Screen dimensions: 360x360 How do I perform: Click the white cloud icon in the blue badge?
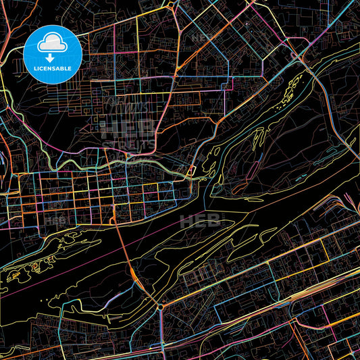point(53,43)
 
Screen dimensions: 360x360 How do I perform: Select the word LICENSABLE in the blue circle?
point(53,68)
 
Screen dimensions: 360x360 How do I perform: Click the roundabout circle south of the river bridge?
point(161,307)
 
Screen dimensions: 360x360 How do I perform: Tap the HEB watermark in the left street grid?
point(55,220)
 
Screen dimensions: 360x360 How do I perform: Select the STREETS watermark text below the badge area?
point(128,143)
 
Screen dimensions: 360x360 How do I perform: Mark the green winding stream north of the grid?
point(81,162)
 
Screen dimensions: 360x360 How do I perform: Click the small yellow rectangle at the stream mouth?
point(192,172)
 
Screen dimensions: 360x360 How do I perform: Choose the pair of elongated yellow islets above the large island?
point(259,138)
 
